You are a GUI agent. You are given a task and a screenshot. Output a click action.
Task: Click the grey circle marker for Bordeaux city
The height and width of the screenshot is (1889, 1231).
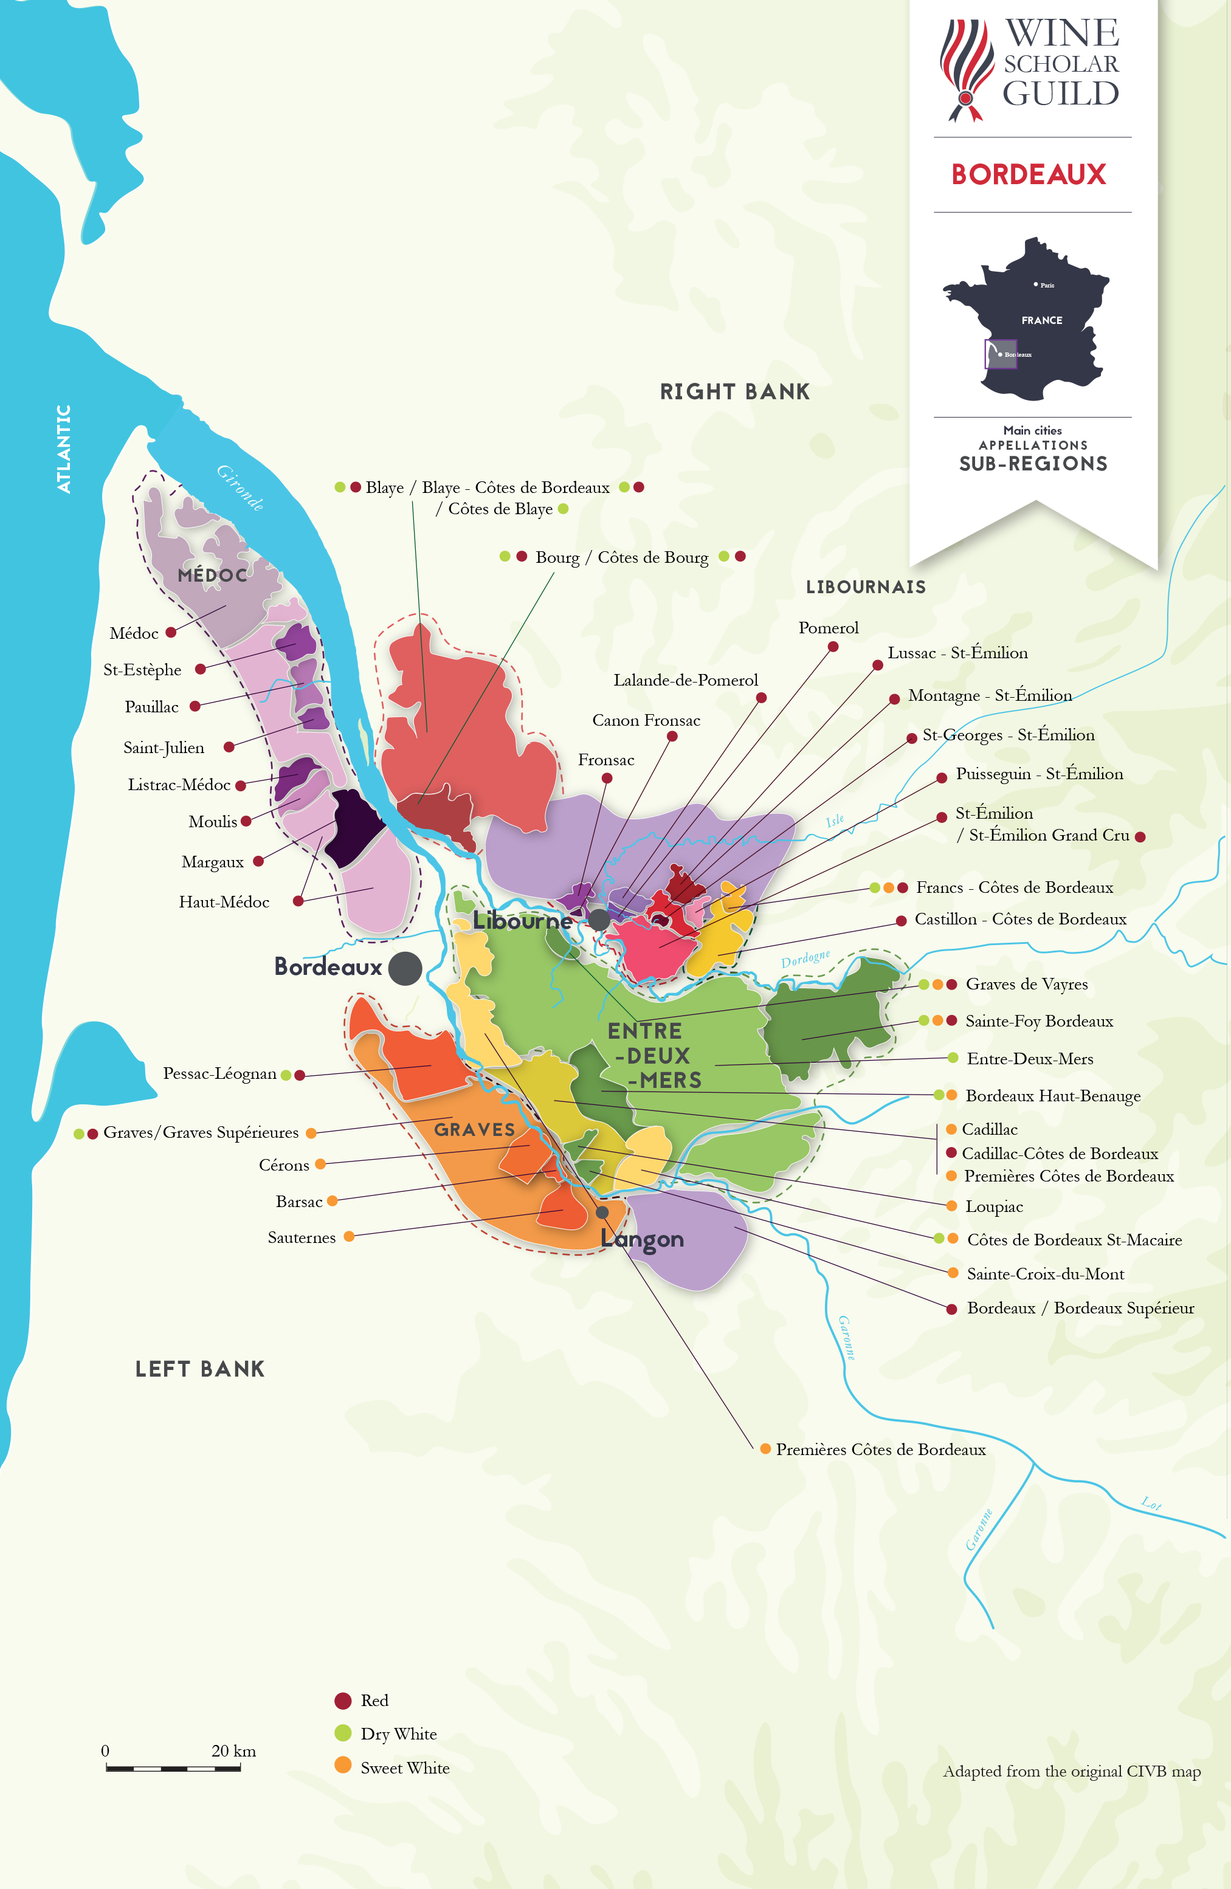click(405, 968)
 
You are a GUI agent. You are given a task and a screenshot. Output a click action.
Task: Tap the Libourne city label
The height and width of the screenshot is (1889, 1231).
click(522, 921)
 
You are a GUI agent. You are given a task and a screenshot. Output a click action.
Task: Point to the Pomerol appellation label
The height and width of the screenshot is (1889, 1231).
click(828, 628)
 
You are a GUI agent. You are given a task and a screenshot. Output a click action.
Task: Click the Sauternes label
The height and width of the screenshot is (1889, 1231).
click(302, 1237)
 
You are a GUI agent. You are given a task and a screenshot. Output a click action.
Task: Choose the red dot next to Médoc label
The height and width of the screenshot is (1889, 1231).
click(171, 633)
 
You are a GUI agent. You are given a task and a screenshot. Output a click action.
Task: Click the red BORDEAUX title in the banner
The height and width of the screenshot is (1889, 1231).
click(1029, 174)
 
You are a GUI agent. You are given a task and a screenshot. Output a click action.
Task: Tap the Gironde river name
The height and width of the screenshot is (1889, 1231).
click(241, 487)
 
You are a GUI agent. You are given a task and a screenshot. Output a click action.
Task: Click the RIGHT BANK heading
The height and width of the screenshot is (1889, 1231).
click(735, 391)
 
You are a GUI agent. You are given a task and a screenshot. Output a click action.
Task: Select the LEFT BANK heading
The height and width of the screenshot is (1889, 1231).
click(200, 1368)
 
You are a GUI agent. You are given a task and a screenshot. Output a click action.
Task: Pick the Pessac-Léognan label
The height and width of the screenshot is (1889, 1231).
click(219, 1074)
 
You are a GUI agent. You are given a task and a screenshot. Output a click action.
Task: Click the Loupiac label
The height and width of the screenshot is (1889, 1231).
click(994, 1206)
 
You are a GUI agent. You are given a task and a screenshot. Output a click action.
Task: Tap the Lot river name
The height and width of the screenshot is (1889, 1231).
click(1151, 1502)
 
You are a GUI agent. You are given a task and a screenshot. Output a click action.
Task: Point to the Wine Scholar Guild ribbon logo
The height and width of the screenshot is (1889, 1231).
click(967, 70)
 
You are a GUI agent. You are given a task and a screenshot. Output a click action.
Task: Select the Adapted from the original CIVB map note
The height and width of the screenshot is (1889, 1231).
click(1072, 1772)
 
